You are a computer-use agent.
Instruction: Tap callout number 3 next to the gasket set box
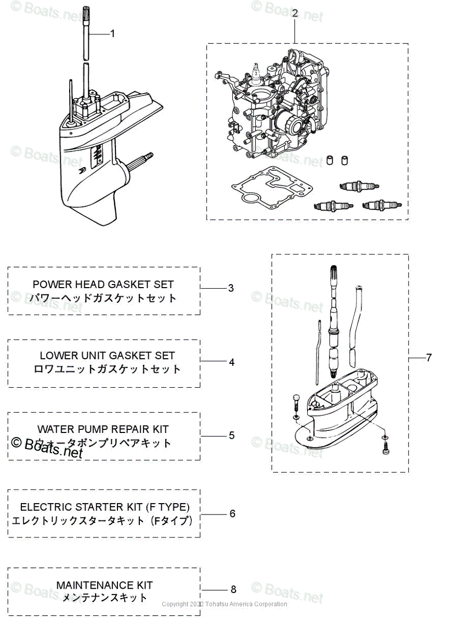pos(231,288)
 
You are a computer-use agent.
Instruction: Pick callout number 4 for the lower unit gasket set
pos(231,362)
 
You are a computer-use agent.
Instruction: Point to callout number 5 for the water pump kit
pos(231,435)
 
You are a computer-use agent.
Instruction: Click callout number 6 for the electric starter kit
pos(232,513)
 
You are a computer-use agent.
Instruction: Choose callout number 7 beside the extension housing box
pos(429,358)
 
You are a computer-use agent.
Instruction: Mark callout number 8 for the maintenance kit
pos(233,589)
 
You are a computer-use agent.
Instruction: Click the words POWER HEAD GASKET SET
pos(103,285)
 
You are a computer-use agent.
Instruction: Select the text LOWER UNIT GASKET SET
pos(107,356)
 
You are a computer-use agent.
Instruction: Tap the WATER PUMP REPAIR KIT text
pos(103,429)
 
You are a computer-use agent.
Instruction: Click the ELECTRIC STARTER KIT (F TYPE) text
pos(104,507)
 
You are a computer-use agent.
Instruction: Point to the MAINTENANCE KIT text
pos(104,585)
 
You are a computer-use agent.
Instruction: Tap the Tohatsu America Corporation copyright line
pos(224,604)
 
